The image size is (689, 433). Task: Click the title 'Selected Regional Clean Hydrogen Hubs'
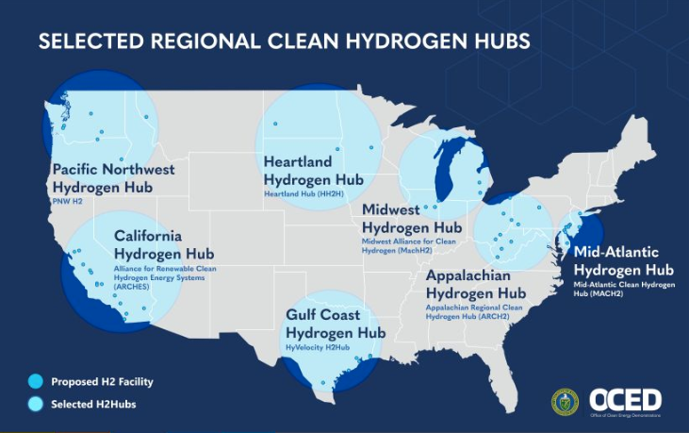(283, 42)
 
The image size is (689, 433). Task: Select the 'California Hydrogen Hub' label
(163, 245)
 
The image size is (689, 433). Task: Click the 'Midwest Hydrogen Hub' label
(411, 219)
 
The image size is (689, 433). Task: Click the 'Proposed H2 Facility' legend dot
(35, 381)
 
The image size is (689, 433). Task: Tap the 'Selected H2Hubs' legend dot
(35, 404)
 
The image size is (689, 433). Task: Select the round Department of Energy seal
(566, 400)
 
